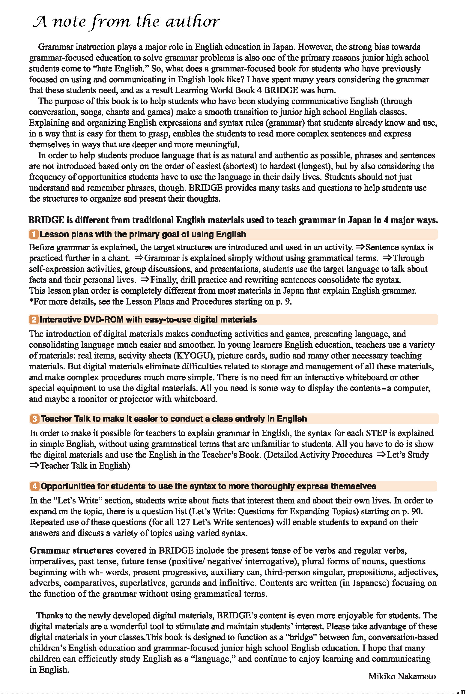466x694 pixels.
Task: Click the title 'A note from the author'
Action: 126,22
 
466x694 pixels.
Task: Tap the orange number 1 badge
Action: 34,234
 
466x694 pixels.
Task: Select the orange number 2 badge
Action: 34,320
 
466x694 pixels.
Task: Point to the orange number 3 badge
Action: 35,419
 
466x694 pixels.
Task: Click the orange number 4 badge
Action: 35,486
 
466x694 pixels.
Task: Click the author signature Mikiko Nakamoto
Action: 402,676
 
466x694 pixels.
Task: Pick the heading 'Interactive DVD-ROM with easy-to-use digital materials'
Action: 148,320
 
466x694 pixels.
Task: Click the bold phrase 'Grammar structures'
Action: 71,550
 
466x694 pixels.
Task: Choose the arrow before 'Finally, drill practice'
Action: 145,280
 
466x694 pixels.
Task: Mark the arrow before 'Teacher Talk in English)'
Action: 34,465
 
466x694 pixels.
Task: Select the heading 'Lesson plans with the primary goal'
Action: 143,234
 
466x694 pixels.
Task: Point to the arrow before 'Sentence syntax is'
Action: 360,247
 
